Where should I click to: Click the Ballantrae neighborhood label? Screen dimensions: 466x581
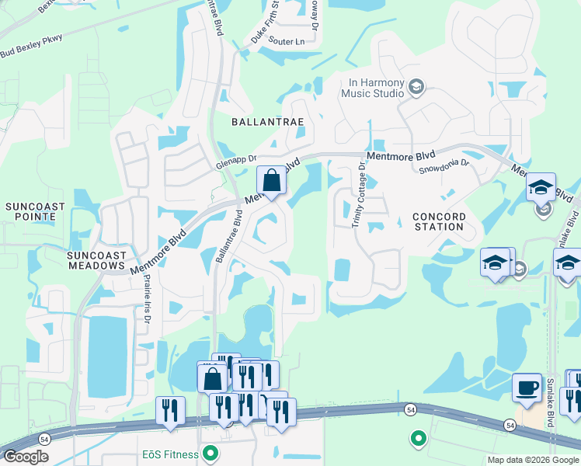pos(266,122)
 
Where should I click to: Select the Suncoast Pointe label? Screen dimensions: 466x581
pos(33,212)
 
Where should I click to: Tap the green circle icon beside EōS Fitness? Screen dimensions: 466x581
pos(209,452)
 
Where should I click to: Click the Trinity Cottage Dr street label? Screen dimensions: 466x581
pos(359,195)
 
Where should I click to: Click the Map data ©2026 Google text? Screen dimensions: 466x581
pos(533,460)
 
